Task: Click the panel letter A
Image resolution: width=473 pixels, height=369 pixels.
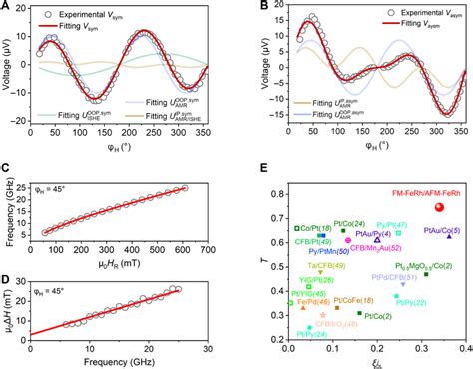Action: pos(7,7)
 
